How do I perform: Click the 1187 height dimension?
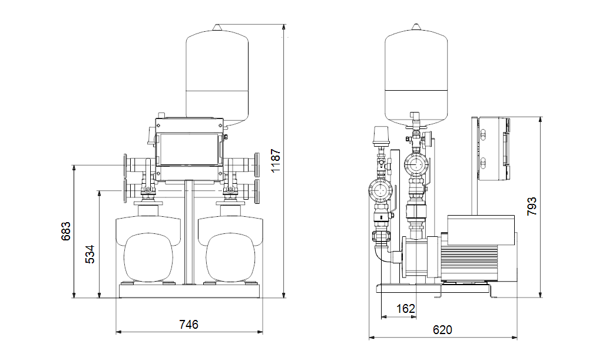[276, 161]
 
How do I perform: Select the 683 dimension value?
[67, 231]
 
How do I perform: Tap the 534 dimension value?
[90, 255]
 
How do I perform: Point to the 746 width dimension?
[188, 324]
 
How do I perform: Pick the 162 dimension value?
[406, 309]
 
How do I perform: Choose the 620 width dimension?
[442, 330]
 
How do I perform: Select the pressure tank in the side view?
[416, 76]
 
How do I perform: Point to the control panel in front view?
[188, 150]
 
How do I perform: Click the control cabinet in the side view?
[493, 149]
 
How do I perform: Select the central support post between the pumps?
[189, 232]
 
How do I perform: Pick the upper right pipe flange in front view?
[257, 165]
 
